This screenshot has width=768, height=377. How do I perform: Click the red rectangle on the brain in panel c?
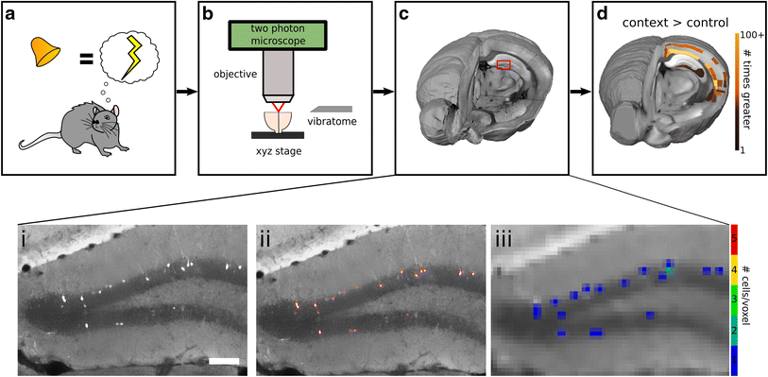click(503, 64)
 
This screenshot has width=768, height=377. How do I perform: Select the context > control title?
click(671, 21)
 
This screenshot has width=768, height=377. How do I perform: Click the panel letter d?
click(602, 14)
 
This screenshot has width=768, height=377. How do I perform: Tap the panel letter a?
click(14, 14)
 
